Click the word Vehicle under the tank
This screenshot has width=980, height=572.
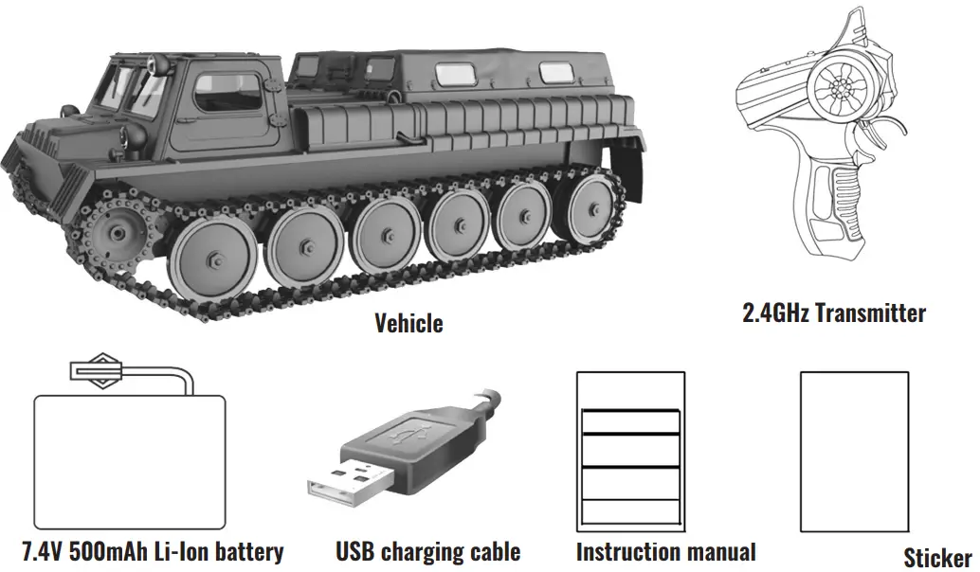point(408,324)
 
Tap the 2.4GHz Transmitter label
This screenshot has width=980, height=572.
point(834,313)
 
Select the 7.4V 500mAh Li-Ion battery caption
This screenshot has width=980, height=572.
point(153,551)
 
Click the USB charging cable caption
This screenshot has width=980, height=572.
point(427,551)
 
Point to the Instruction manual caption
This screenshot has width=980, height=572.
point(665,551)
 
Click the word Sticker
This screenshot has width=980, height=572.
point(936,558)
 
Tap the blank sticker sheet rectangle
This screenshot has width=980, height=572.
point(848,451)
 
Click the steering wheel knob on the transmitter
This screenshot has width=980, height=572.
point(841,86)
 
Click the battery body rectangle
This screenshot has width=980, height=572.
point(130,460)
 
